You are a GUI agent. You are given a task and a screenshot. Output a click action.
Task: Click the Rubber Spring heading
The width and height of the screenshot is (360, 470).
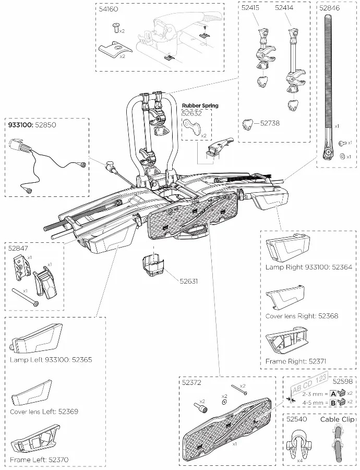[x=200, y=105]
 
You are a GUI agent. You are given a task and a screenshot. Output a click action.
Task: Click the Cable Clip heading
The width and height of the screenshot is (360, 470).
[x=337, y=419]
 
